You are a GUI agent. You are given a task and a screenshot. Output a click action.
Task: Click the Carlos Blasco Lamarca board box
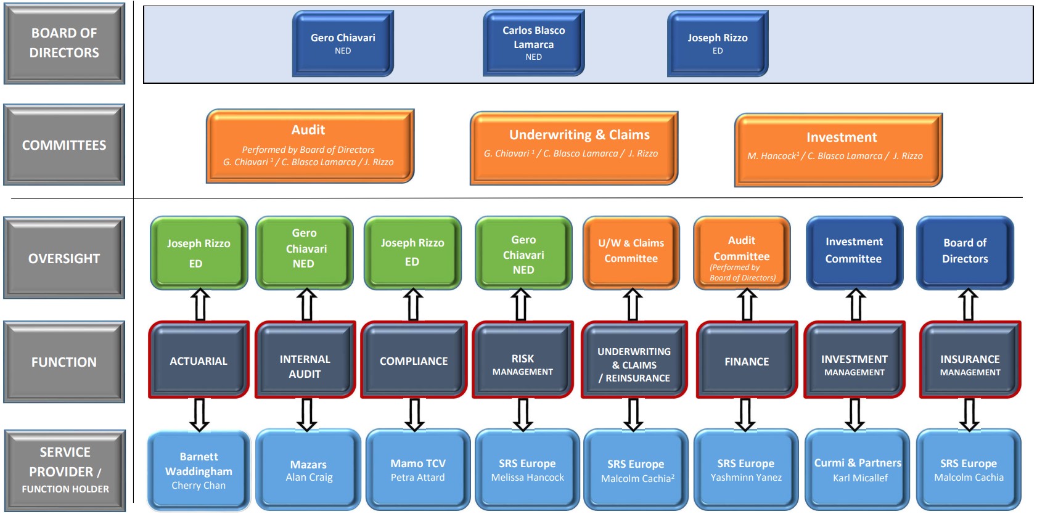533,43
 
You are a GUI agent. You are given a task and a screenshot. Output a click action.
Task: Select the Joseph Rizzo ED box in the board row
717,43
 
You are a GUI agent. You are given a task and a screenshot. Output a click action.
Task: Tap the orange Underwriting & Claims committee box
574,147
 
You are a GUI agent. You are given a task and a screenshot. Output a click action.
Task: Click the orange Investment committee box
838,149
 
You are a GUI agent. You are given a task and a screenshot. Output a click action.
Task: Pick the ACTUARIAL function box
199,361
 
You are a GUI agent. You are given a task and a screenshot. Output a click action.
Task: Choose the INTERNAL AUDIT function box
305,365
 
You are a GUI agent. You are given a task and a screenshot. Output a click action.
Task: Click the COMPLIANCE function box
414,361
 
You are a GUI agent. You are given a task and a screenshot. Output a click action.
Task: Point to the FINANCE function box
747,361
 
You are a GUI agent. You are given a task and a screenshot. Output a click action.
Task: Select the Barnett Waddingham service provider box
199,471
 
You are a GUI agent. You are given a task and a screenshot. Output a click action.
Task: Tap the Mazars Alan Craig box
308,471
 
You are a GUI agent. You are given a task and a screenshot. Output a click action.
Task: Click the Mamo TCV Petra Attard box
417,470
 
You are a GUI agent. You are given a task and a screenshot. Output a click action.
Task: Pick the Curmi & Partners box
858,470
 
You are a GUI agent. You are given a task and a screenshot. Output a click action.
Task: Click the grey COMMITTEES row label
64,145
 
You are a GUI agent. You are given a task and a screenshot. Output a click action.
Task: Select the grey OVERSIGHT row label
64,258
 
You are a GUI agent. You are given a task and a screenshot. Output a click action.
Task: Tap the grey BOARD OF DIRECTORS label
64,43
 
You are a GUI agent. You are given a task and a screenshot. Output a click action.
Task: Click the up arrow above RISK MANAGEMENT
521,304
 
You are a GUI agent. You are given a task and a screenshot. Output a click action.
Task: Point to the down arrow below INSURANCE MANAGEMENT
969,414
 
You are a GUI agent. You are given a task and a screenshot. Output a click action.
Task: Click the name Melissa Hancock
527,478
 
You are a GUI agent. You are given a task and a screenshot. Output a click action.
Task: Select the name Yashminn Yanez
746,478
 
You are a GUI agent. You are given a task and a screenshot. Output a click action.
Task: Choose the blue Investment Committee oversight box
854,251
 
